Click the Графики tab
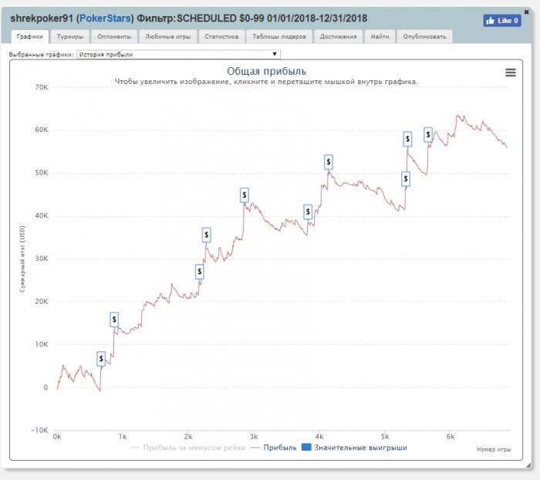(x=29, y=36)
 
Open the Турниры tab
(x=69, y=36)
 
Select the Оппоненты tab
(x=114, y=36)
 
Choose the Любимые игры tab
(x=167, y=36)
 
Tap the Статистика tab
(x=222, y=36)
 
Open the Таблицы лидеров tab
(x=280, y=36)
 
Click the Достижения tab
(x=339, y=36)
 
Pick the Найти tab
(x=380, y=36)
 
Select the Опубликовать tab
(x=424, y=36)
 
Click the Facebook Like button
(x=501, y=21)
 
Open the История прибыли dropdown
(x=178, y=55)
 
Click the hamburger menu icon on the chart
(x=510, y=73)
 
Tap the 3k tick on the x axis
(x=253, y=437)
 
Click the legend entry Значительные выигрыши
(x=354, y=448)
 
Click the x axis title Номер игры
(x=493, y=448)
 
